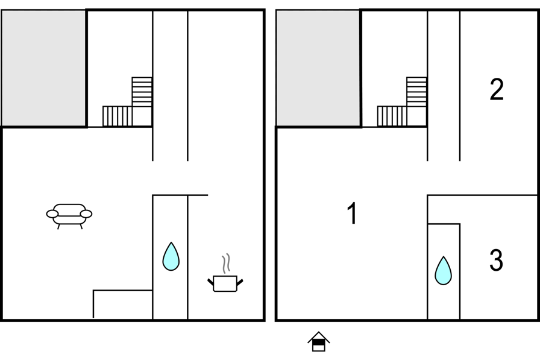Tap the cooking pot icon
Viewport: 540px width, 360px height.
[x=225, y=283]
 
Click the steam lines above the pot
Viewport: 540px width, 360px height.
[x=226, y=264]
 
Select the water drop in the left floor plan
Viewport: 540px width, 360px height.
[x=171, y=257]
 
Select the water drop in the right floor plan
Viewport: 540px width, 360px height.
[x=443, y=271]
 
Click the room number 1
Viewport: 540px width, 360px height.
[x=352, y=213]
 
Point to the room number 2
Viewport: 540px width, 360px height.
[x=497, y=89]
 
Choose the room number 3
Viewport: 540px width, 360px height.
[x=496, y=260]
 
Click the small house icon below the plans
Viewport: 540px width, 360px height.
[x=319, y=341]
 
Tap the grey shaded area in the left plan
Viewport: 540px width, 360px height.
[x=44, y=68]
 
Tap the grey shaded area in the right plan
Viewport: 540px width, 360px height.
[x=318, y=68]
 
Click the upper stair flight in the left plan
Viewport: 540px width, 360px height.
[x=142, y=92]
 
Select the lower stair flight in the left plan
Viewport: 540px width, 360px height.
[x=118, y=116]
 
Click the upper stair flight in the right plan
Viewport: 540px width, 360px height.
[x=416, y=92]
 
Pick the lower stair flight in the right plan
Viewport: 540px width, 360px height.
[x=392, y=116]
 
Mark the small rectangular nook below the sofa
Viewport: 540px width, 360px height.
[x=123, y=305]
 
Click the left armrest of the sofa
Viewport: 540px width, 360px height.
[x=52, y=214]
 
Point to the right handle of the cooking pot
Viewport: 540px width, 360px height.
[x=240, y=282]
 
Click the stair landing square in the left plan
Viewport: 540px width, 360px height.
[x=142, y=116]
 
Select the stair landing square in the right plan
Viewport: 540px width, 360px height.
[x=416, y=116]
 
